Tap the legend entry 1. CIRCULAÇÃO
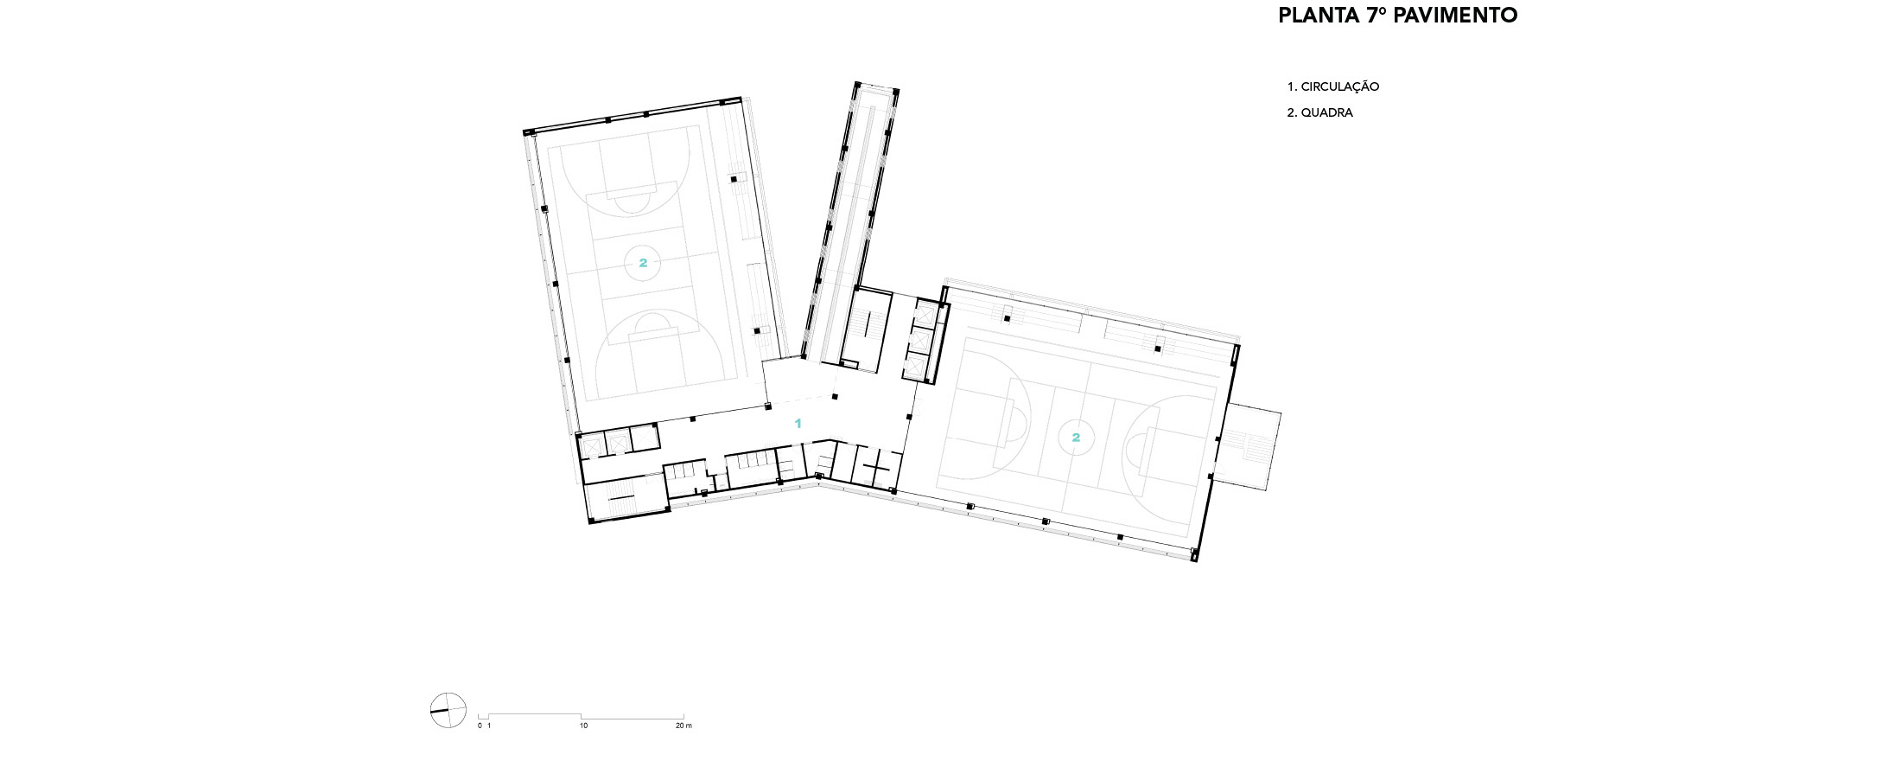coord(1333,86)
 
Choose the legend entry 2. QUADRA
coord(1320,112)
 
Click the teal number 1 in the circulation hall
coord(798,424)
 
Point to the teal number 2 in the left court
coord(643,263)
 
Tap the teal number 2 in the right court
coord(1076,438)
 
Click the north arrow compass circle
coord(448,711)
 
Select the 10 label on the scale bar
coord(584,726)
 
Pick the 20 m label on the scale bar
coord(683,726)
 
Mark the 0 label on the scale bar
coord(480,726)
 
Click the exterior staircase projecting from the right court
coord(1249,447)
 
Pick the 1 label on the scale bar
coord(489,726)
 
